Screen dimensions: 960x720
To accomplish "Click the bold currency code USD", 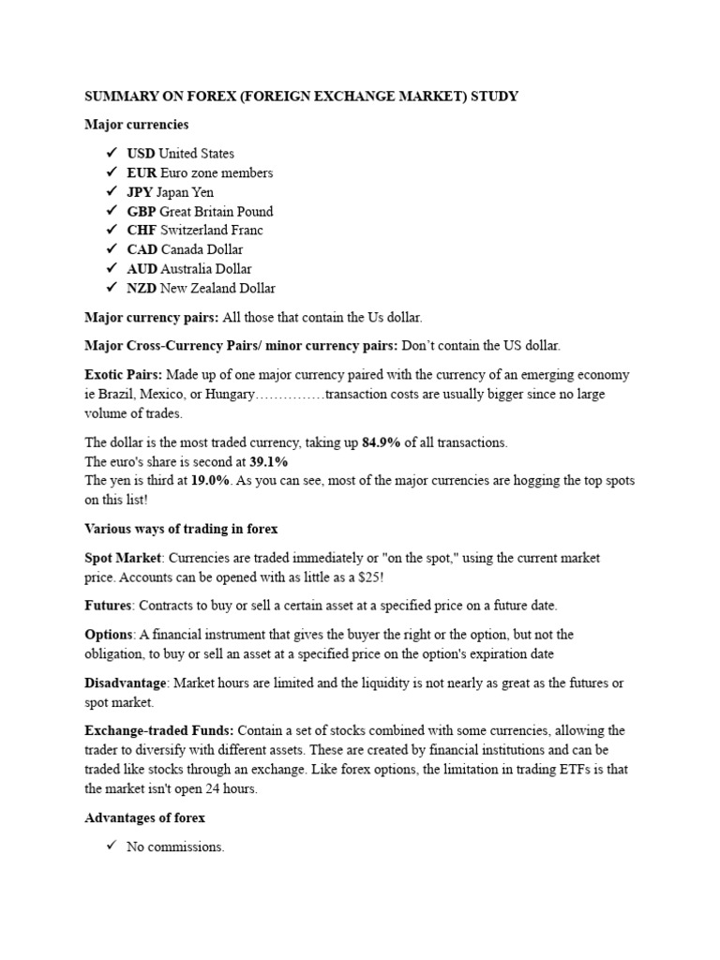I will point(141,154).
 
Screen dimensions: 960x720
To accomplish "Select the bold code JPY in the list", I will point(140,192).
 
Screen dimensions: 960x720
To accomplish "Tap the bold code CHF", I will point(142,231).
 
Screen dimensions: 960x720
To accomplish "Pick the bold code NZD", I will point(142,289).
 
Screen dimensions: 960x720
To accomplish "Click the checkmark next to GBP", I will point(112,211).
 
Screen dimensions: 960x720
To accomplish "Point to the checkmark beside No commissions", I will point(112,847).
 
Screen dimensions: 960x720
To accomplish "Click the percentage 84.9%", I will point(381,442).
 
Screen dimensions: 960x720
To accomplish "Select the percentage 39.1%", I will point(268,462).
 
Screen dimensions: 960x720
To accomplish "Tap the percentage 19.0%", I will point(210,481).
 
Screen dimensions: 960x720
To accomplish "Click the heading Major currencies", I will point(136,125).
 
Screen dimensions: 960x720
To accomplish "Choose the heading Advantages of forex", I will point(144,818).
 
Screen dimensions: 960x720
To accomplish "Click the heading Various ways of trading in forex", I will point(181,529).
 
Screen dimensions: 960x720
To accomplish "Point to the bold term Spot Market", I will point(123,558).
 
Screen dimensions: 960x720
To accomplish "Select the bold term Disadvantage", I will point(126,682).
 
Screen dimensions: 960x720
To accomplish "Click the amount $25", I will point(367,577).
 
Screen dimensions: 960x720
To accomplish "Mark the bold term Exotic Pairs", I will point(123,375).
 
